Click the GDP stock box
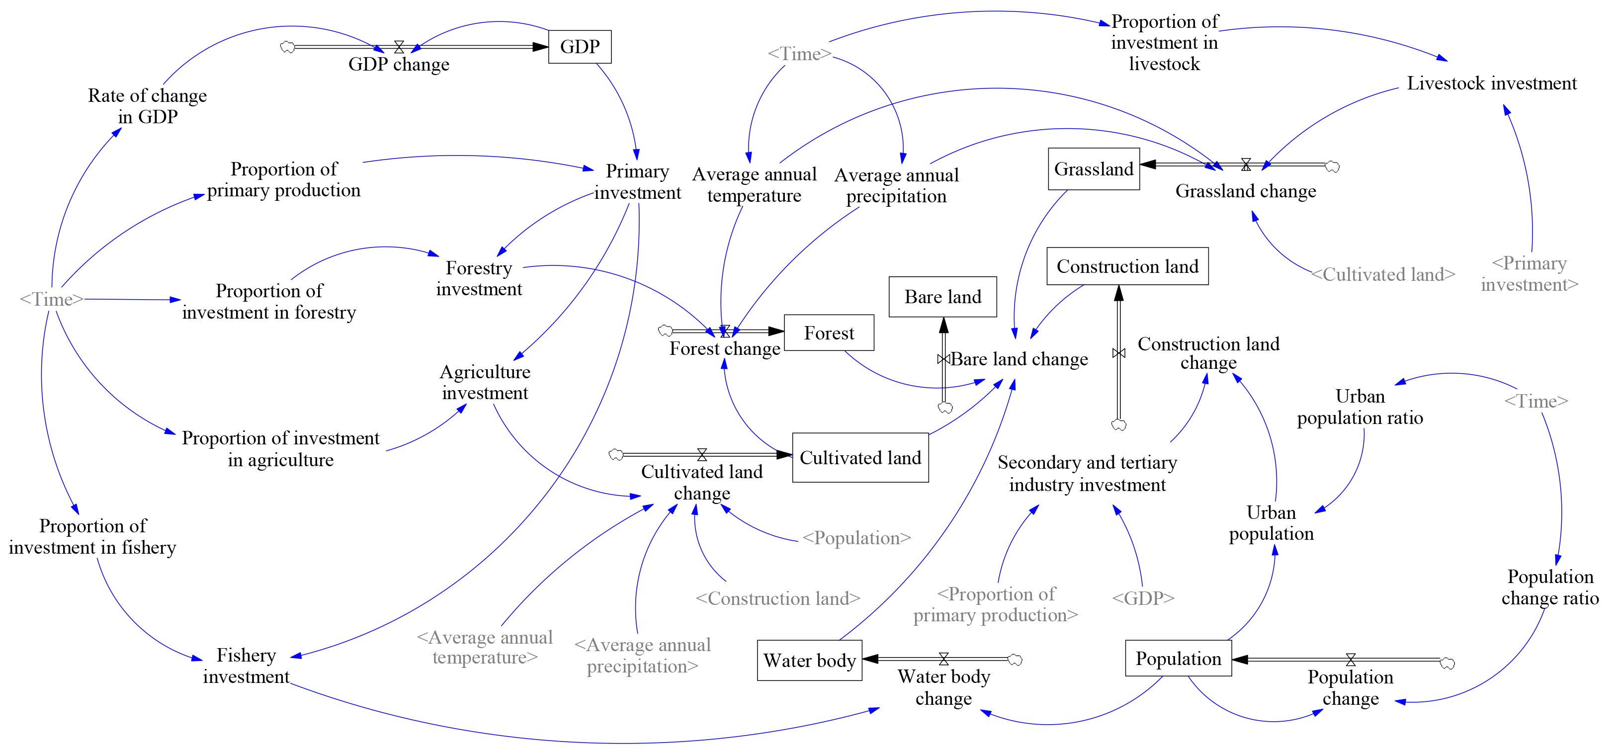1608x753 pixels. [579, 47]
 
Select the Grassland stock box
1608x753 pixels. [1094, 169]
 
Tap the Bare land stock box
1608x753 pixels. [942, 297]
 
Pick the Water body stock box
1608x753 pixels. [810, 661]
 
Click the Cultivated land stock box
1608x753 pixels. [860, 458]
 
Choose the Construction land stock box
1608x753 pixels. [1127, 266]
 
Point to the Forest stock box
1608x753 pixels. [828, 333]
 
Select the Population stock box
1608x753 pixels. [1178, 659]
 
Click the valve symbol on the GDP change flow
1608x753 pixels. [399, 47]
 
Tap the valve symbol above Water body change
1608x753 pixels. [944, 659]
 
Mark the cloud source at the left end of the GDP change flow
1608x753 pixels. [287, 47]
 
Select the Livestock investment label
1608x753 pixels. [1491, 84]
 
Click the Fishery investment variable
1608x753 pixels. [246, 666]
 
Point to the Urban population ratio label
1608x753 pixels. [1359, 407]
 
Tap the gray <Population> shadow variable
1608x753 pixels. [856, 538]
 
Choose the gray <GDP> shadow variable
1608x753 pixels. [1143, 598]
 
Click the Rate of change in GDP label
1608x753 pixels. [147, 106]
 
